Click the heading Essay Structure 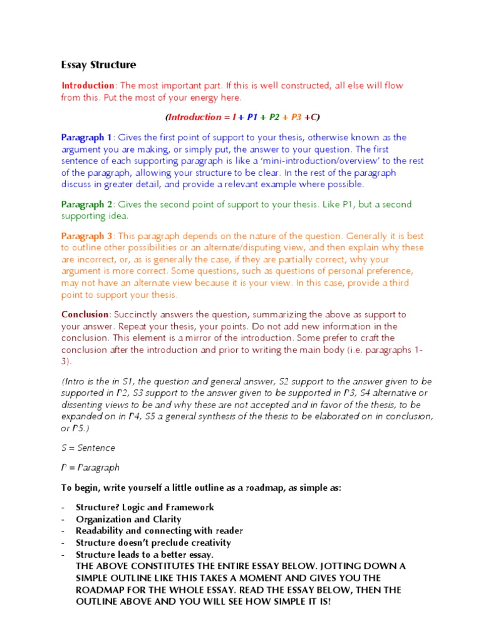click(98, 65)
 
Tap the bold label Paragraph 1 click(86, 137)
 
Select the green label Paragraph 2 click(86, 205)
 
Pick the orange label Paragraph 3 click(86, 236)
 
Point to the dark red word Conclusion click(85, 314)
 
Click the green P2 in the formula click(274, 117)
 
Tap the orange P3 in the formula click(296, 117)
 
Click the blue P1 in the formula click(252, 117)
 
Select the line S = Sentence click(88, 448)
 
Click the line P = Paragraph click(90, 468)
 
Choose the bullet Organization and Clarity click(128, 519)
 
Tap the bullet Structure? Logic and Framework click(145, 507)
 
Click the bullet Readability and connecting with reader click(159, 531)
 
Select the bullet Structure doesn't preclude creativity click(153, 543)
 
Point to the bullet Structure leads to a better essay click(145, 555)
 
